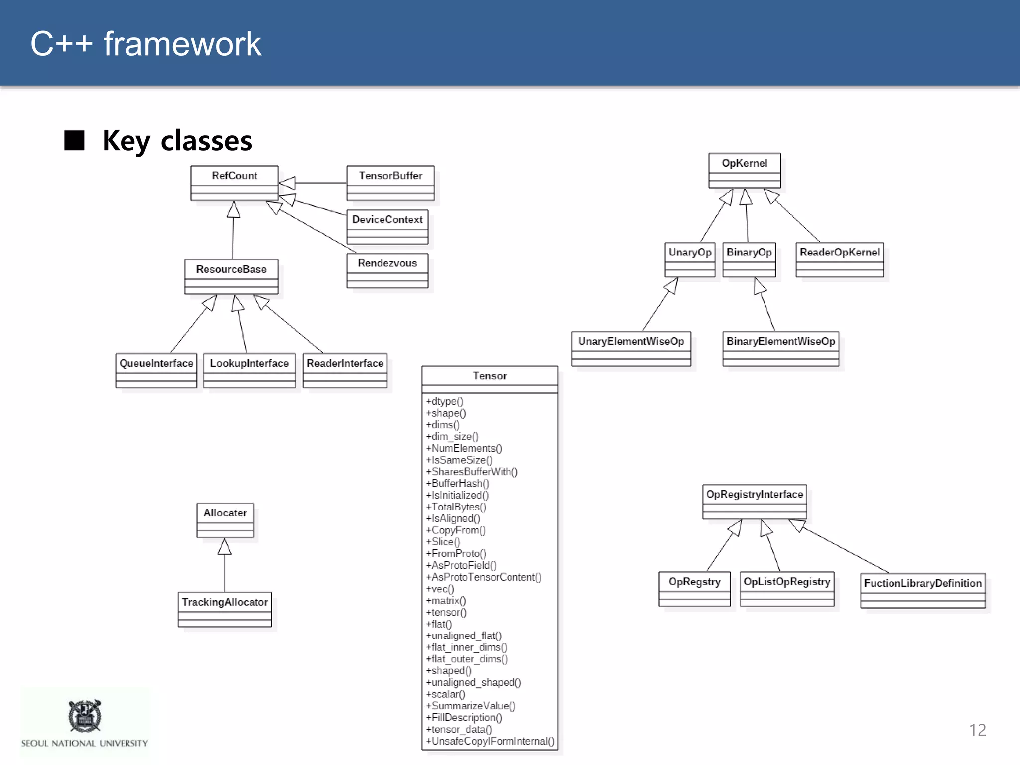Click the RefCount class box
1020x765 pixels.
(x=234, y=183)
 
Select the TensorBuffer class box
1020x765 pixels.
(x=390, y=183)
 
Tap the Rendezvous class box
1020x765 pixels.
(x=387, y=270)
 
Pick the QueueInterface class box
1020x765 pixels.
(x=156, y=370)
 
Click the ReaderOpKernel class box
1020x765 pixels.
(x=840, y=259)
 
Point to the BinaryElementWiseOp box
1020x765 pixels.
(x=780, y=348)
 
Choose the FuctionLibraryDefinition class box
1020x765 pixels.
(x=922, y=590)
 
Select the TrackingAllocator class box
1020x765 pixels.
(x=225, y=609)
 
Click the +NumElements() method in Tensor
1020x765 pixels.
(x=464, y=448)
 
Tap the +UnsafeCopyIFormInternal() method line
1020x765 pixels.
(x=490, y=741)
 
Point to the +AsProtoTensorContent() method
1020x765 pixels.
(x=484, y=577)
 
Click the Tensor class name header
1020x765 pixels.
(x=490, y=376)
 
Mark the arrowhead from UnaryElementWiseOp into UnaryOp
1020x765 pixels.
(x=672, y=286)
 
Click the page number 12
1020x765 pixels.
(x=977, y=730)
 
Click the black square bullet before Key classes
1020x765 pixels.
(x=75, y=140)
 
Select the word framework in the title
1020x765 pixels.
(x=182, y=44)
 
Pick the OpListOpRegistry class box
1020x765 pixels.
(x=786, y=588)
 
